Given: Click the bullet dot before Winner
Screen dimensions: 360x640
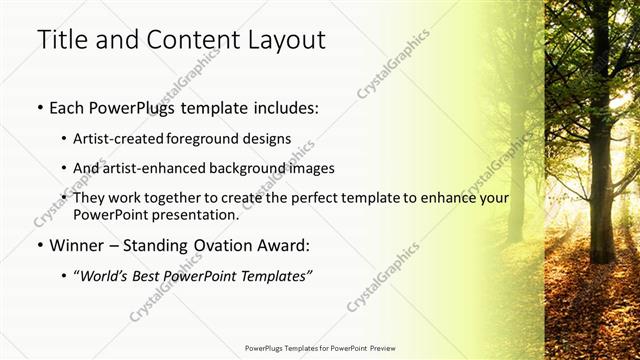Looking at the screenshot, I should click(x=40, y=245).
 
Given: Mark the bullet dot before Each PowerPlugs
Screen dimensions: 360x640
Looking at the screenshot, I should click(x=40, y=107).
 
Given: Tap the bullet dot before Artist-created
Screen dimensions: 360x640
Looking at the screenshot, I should click(x=65, y=139).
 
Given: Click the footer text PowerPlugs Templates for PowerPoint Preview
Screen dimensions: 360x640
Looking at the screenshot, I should click(x=320, y=349).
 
